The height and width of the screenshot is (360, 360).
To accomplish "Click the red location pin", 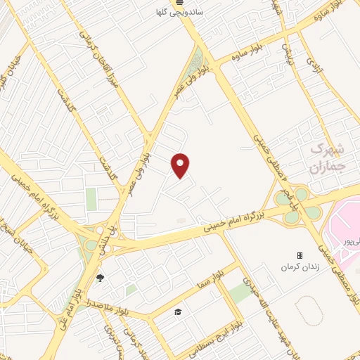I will pos(181,165).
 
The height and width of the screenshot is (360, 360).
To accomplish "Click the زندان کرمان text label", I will pos(296,267).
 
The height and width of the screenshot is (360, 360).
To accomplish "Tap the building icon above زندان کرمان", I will pos(300,255).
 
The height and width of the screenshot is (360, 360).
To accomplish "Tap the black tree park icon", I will pos(99,278).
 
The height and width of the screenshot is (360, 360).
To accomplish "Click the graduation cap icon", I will pos(178,311).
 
